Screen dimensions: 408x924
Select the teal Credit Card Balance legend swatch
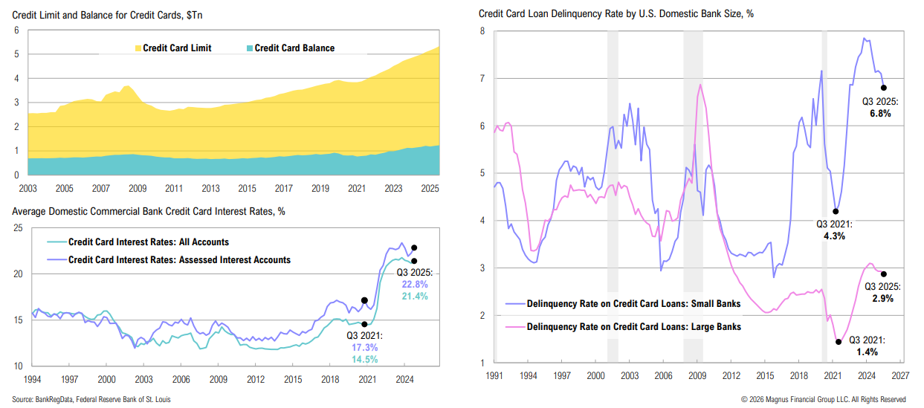pyautogui.click(x=248, y=48)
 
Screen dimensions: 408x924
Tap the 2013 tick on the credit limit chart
pyautogui.click(x=210, y=190)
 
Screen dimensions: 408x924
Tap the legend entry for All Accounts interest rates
pyautogui.click(x=148, y=242)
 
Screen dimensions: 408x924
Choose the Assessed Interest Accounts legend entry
pyautogui.click(x=178, y=259)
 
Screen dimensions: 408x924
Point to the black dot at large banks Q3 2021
pyautogui.click(x=839, y=342)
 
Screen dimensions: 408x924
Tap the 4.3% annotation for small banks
pyautogui.click(x=830, y=236)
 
